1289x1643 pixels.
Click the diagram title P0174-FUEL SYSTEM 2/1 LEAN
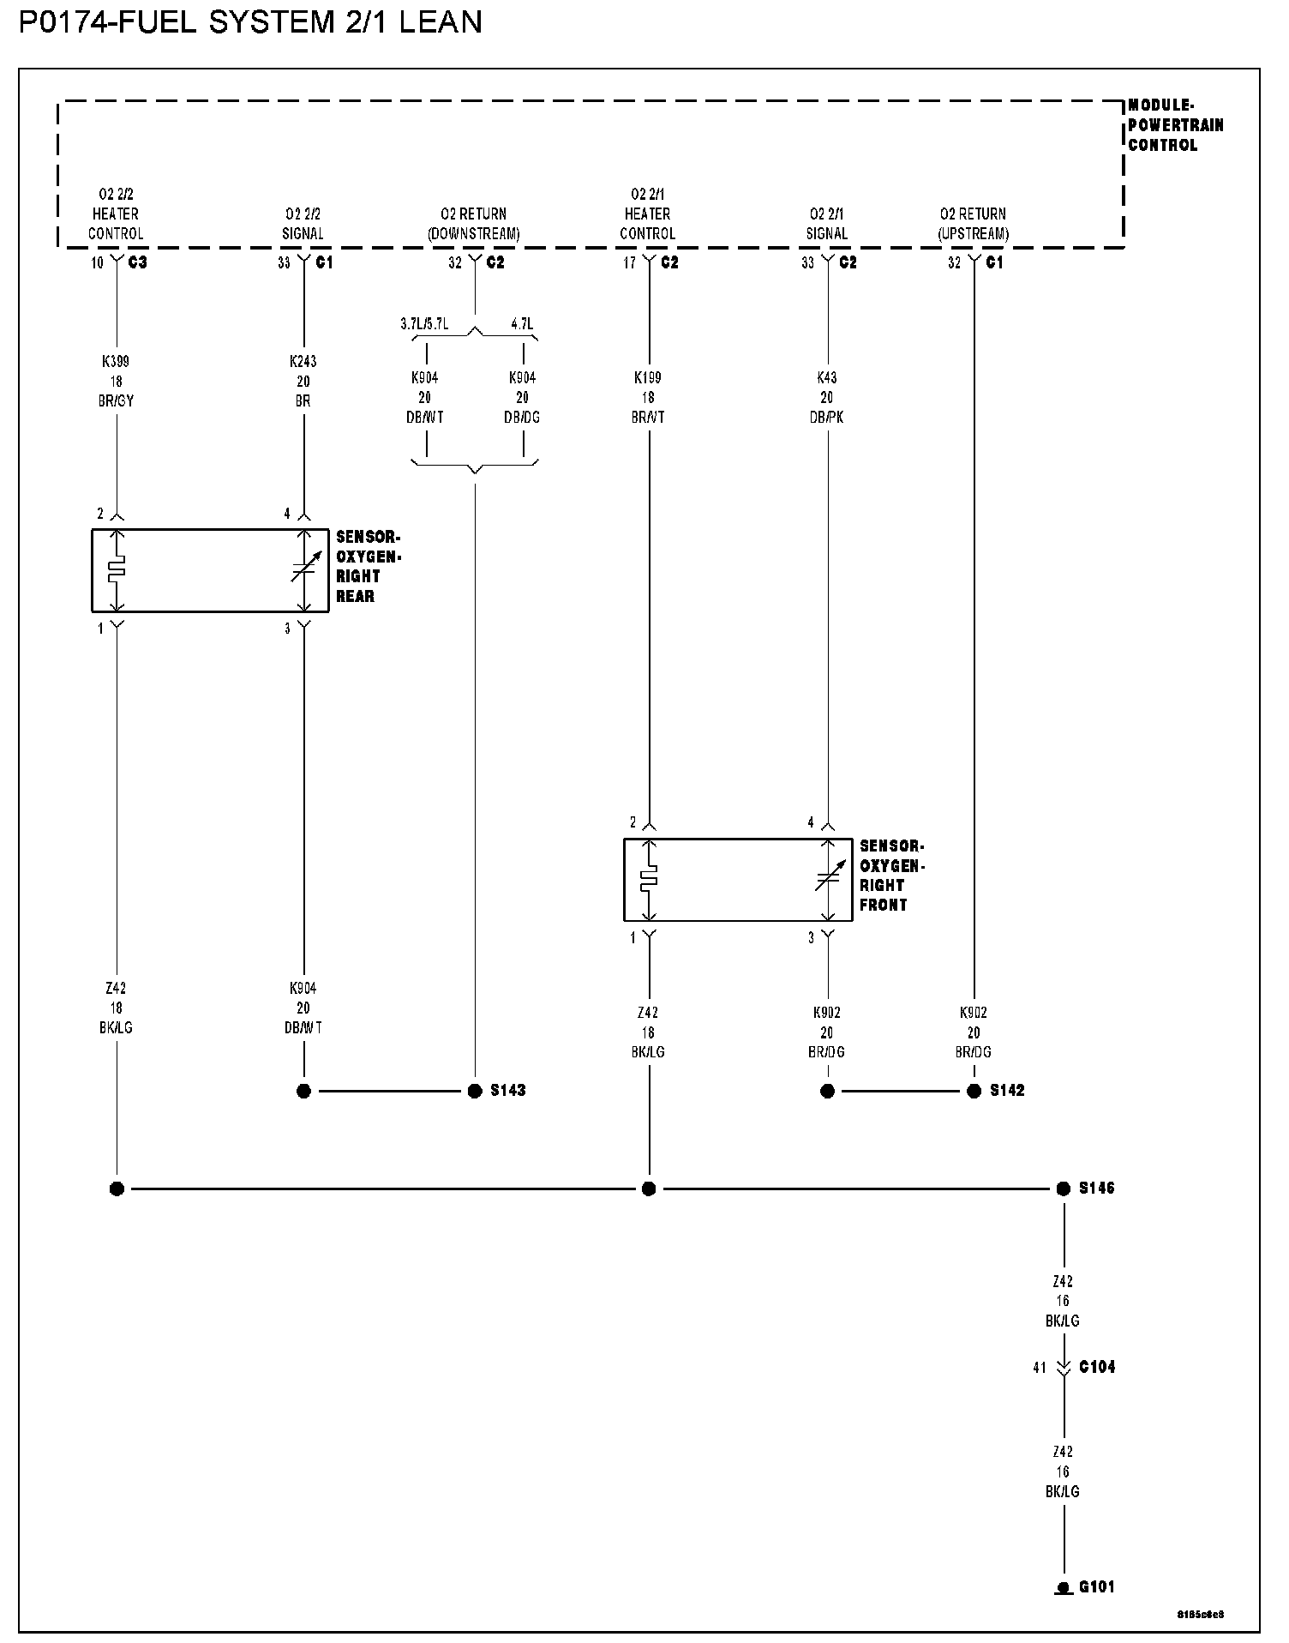tap(250, 21)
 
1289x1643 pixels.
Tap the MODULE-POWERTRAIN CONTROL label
tap(1174, 125)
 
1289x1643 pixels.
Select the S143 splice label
tap(507, 1091)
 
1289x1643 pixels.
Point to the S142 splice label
tap(1006, 1091)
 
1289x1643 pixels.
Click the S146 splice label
tap(1096, 1189)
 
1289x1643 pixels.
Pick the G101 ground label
tap(1096, 1587)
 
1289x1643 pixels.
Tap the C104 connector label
tap(1096, 1368)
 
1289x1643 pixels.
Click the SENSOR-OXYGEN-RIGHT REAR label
tap(369, 567)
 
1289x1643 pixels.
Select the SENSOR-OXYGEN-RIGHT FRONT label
tap(892, 876)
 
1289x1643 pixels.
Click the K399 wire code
tap(116, 362)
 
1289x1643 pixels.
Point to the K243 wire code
tap(303, 362)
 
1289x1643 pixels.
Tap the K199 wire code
tap(648, 377)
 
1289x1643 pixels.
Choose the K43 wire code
tap(826, 377)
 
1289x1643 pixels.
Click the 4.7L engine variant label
tap(521, 324)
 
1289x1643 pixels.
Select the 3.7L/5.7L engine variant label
tap(424, 324)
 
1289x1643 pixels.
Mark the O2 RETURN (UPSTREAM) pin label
tap(973, 224)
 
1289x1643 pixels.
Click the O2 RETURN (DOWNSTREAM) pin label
tap(474, 224)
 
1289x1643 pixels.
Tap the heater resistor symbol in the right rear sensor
tap(117, 570)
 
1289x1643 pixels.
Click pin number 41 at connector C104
tap(1040, 1369)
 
